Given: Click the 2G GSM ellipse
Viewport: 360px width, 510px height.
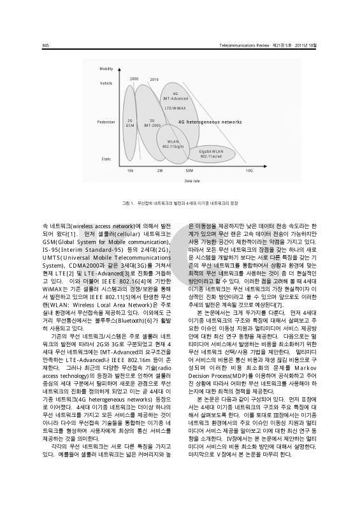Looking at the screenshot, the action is tap(130, 122).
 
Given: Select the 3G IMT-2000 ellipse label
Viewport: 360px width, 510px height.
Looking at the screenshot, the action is tap(152, 122).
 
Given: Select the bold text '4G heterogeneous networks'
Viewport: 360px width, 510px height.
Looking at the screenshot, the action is tap(210, 121).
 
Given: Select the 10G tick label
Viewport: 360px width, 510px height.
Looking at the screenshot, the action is tap(249, 171).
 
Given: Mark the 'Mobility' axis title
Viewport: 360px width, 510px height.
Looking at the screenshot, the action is tap(106, 68).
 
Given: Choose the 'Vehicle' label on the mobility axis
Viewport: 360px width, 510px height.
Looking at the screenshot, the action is tap(105, 83).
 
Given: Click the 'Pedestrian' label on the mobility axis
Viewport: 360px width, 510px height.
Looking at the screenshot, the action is tap(106, 121).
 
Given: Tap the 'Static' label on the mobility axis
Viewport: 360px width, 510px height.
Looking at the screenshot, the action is tap(106, 158).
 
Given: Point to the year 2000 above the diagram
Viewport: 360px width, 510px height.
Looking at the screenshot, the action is tap(134, 78).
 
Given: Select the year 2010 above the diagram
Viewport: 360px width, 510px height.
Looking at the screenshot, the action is tap(154, 80).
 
